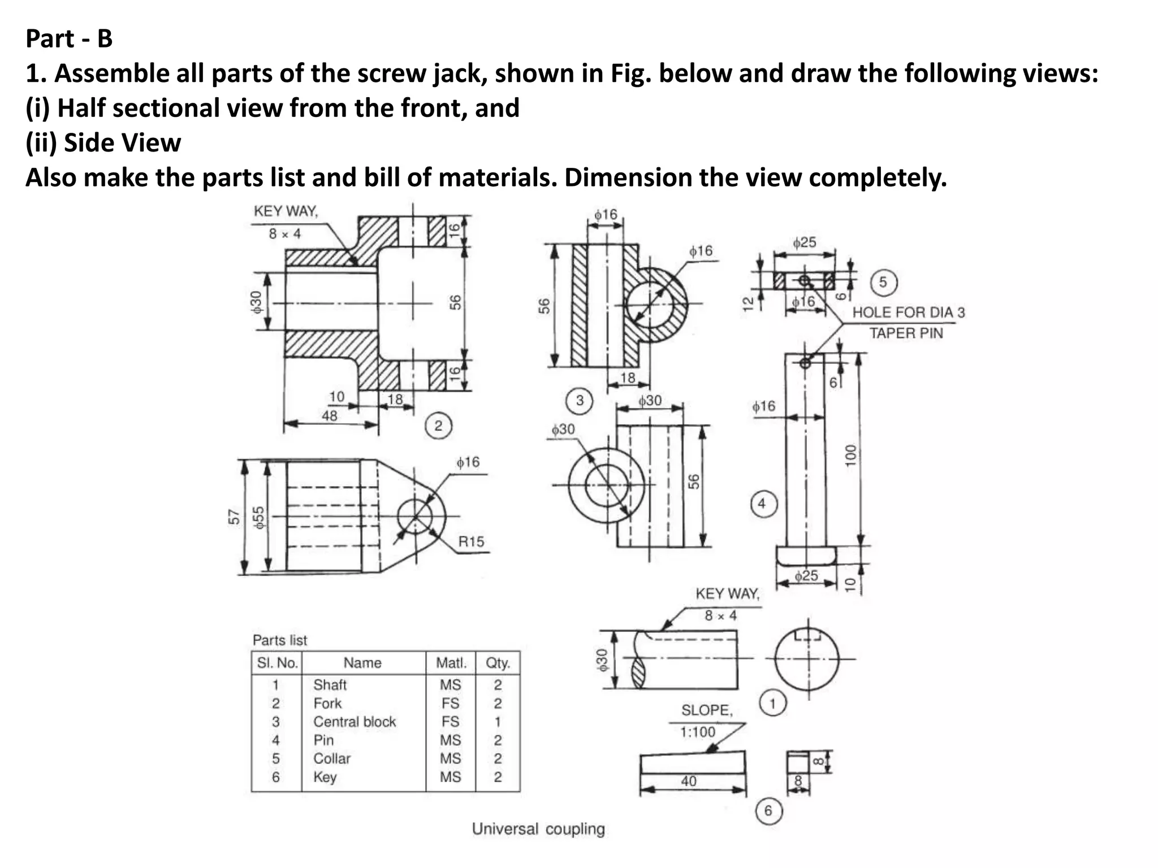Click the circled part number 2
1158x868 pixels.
(x=438, y=426)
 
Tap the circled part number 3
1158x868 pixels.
(x=580, y=401)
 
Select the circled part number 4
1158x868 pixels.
(x=762, y=504)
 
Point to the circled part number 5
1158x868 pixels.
(x=883, y=282)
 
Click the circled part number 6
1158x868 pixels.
(x=768, y=811)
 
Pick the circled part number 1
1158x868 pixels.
(x=772, y=704)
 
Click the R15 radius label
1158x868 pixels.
(x=471, y=542)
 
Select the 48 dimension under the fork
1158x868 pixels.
(x=329, y=416)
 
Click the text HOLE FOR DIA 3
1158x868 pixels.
(x=908, y=313)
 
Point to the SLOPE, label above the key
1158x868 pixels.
(x=707, y=710)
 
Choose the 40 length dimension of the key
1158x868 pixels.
(x=688, y=782)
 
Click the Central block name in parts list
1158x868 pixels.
(x=355, y=722)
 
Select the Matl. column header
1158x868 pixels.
(x=451, y=663)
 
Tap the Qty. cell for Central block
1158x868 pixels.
(x=498, y=722)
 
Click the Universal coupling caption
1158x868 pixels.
(x=538, y=829)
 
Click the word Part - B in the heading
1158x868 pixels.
(x=69, y=39)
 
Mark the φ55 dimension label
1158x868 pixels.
(x=258, y=517)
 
